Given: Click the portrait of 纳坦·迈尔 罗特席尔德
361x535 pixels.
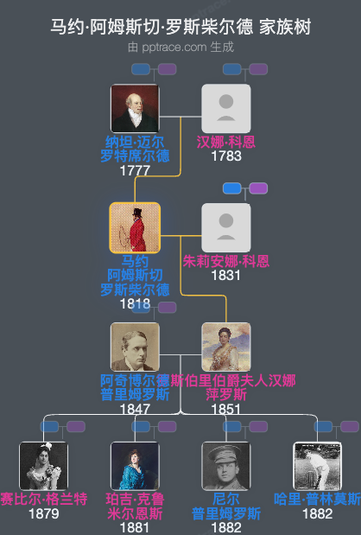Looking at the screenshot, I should point(135,108).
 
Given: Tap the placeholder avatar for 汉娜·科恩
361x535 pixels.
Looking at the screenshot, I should point(225,108).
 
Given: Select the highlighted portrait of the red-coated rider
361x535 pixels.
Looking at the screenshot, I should point(135,227).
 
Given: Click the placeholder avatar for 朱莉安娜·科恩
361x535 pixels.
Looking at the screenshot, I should point(225,227).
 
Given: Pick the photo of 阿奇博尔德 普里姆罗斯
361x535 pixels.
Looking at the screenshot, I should point(135,347).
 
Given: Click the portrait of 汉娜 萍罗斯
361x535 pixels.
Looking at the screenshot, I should point(225,347).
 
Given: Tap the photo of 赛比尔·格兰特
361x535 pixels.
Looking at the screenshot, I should point(43,466).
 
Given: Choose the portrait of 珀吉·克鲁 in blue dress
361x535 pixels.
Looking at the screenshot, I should point(135,466).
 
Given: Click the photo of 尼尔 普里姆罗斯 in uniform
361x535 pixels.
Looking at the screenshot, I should point(225,466).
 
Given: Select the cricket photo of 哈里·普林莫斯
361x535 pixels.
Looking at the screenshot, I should point(317,466).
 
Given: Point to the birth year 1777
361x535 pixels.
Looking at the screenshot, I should point(135,170).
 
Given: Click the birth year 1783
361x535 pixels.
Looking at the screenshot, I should point(225,156).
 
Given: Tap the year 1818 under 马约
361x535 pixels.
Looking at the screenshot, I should point(135,303).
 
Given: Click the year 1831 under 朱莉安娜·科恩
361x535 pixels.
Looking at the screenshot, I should point(225,275).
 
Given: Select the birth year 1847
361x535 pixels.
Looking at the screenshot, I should point(135,409).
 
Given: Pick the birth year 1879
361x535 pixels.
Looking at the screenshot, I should point(43,514).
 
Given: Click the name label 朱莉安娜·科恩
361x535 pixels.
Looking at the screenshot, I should point(225,261).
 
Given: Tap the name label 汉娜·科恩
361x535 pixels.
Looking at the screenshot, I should point(225,142).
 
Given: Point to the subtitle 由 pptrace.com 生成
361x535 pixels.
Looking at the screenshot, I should point(180,47).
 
